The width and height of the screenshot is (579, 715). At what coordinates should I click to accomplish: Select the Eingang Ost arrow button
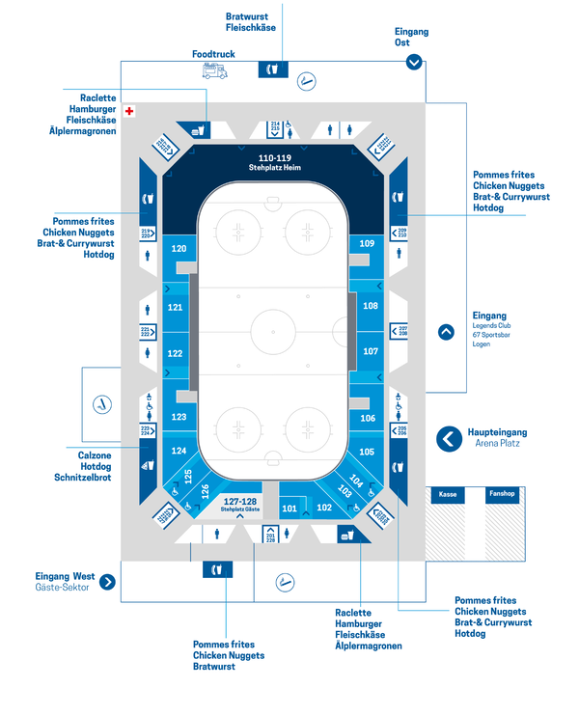[414, 62]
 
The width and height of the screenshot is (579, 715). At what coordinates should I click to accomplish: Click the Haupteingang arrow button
[448, 439]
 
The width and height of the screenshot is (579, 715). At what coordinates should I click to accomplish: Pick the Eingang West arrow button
[107, 581]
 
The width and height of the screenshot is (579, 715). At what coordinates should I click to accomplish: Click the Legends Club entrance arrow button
[446, 332]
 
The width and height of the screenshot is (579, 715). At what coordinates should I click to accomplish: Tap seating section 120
[179, 249]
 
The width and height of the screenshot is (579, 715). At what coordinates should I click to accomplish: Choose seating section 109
[367, 244]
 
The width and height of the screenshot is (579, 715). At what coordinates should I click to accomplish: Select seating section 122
[175, 353]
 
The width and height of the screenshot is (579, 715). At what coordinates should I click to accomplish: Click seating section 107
[371, 351]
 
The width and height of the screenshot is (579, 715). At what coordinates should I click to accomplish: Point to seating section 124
[179, 451]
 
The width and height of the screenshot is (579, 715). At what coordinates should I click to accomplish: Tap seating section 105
[367, 452]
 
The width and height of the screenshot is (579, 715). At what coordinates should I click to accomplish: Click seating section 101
[289, 508]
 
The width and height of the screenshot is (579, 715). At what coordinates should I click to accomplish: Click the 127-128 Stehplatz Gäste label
[240, 504]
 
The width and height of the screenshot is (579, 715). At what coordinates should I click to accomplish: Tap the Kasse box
[448, 494]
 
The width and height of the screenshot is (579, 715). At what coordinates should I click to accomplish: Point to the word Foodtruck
[213, 54]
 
